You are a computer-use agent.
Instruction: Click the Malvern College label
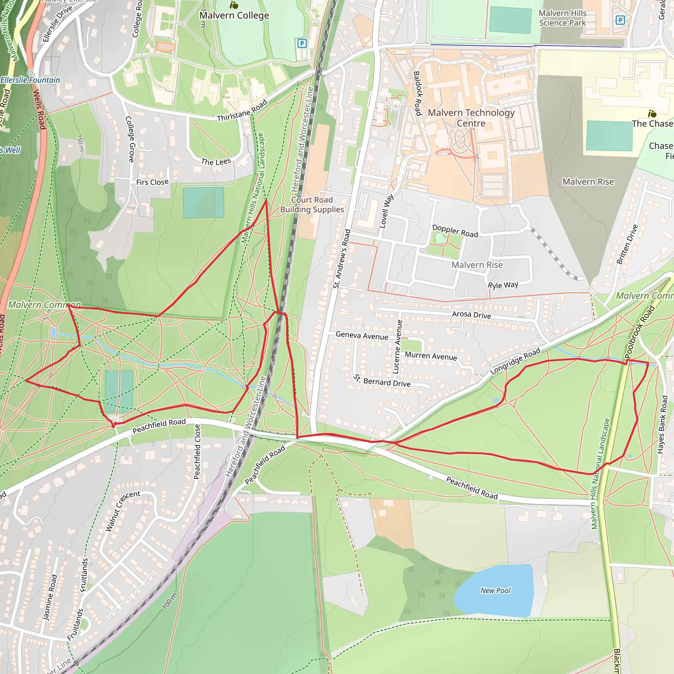pos(234,15)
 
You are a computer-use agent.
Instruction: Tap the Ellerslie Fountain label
pos(30,80)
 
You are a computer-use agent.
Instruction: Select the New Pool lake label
pos(495,590)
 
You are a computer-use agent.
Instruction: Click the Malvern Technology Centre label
pos(471,118)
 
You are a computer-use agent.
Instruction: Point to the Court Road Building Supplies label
pos(312,204)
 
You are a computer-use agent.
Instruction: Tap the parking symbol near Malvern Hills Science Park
pos(620,20)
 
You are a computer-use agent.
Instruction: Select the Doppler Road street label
pos(455,231)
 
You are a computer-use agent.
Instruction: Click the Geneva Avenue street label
pos(362,336)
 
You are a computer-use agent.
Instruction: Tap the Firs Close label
pos(152,182)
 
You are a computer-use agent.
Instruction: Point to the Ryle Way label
pos(503,285)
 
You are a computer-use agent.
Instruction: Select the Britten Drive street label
pos(627,244)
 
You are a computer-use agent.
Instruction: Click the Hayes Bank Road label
pos(662,424)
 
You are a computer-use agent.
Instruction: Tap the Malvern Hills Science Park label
pos(562,18)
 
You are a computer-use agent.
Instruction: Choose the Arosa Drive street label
pos(471,315)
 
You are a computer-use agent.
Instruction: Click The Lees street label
pos(216,162)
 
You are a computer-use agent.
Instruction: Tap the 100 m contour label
pos(170,601)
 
